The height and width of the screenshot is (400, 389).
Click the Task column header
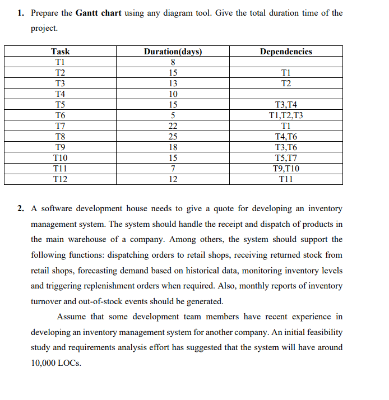click(x=60, y=52)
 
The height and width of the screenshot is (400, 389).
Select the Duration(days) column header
click(x=173, y=52)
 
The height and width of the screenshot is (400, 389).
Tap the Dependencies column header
click(x=286, y=52)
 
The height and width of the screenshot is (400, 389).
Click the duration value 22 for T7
click(x=173, y=126)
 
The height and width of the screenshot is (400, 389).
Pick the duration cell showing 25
click(x=173, y=137)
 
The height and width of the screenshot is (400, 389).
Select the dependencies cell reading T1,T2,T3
click(x=286, y=115)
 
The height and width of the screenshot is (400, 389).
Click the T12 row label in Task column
click(x=60, y=179)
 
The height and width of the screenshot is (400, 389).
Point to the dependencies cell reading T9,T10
click(x=286, y=169)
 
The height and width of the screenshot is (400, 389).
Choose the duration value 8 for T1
click(x=173, y=62)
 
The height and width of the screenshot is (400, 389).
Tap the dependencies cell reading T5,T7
click(x=286, y=158)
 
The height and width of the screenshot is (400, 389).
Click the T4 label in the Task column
click(x=60, y=94)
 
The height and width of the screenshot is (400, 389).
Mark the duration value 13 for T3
click(x=173, y=83)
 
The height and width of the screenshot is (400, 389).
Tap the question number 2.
click(x=20, y=208)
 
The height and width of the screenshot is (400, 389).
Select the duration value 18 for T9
click(x=173, y=147)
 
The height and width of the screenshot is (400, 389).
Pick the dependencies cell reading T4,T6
click(x=286, y=137)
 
